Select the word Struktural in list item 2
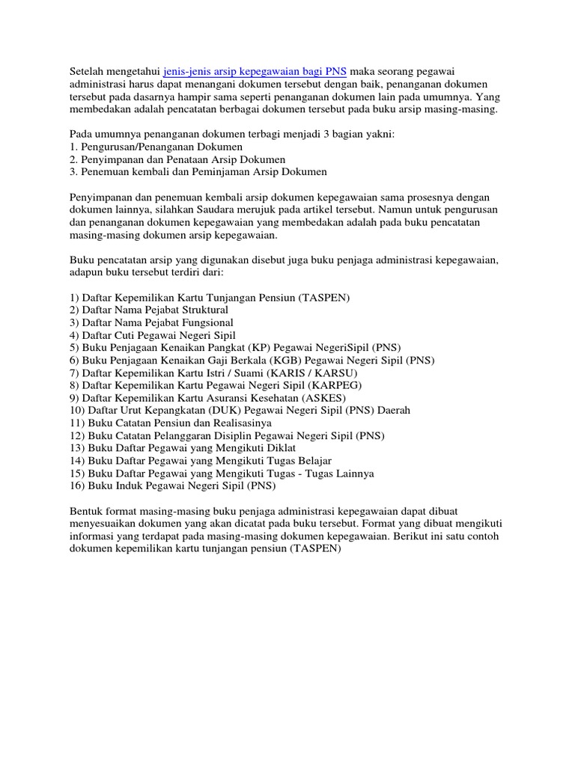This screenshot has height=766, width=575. pos(203,309)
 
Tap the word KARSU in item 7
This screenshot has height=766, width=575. pos(337,373)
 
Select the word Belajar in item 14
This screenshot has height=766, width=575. pos(314,461)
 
